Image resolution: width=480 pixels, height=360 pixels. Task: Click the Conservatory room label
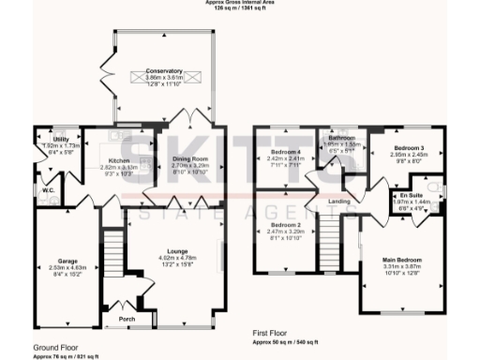pos(165,71)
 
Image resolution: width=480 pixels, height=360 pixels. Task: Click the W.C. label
pos(47,192)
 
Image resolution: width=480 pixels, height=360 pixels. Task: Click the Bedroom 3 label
pos(409,148)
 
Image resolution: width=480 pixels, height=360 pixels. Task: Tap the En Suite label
pos(408,193)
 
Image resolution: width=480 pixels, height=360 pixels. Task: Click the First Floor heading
pos(274,333)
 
